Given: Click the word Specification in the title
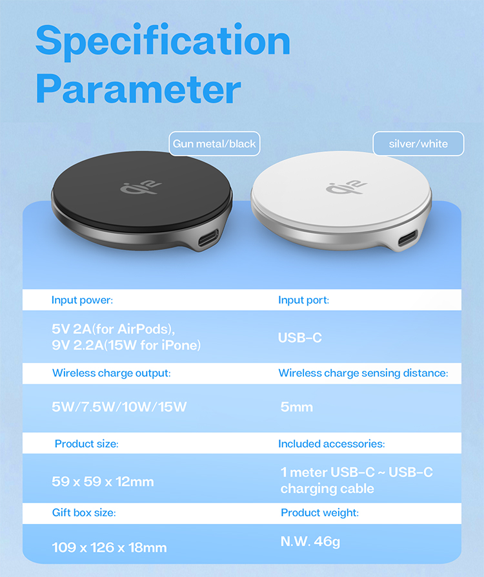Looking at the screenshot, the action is [x=163, y=41].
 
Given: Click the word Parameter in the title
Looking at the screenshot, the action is [x=138, y=89].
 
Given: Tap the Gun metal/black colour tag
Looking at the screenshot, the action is [x=214, y=143].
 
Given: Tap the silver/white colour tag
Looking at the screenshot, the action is [x=418, y=143].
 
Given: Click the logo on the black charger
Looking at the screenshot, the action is [x=141, y=187].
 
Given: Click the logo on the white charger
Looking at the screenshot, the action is [x=346, y=187].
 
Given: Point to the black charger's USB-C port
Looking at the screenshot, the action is [x=208, y=238].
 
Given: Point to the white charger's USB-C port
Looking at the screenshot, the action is [x=408, y=238].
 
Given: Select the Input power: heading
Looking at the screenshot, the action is [x=83, y=300].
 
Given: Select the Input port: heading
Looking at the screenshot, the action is [x=303, y=300].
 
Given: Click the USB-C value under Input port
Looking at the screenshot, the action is [x=300, y=338].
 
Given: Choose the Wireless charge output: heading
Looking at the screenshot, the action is [x=112, y=373].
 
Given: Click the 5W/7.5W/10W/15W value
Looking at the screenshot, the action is [x=119, y=407].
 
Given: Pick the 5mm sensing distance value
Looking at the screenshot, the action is [x=297, y=407].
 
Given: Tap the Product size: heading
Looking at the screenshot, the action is [x=86, y=444].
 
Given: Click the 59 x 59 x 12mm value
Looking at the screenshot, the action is [x=103, y=481].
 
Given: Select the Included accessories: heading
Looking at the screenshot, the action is [x=332, y=444].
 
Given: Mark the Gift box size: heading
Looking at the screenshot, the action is [x=84, y=512].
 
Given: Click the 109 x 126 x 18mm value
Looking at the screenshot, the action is [x=109, y=547].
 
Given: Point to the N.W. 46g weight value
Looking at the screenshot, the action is [x=310, y=541].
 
